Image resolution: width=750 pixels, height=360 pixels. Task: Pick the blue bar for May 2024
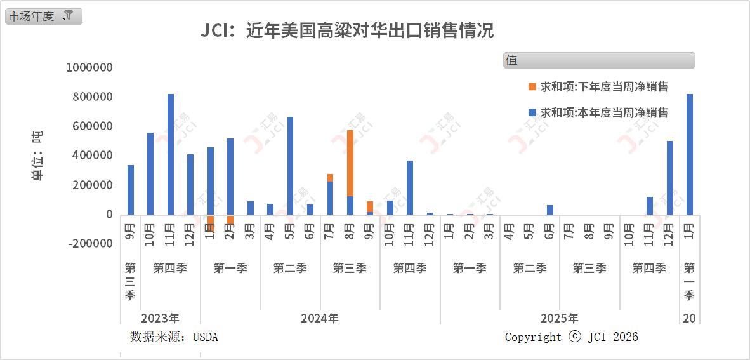point(290,166)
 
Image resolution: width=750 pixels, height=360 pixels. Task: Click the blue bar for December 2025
point(669,178)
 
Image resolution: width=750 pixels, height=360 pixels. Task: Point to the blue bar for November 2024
point(410,188)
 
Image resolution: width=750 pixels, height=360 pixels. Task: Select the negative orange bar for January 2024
point(211,222)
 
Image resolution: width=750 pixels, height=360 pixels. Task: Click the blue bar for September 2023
point(131,190)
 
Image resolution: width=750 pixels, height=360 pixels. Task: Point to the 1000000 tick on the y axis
point(89,68)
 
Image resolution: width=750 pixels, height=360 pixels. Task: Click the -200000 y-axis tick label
point(89,244)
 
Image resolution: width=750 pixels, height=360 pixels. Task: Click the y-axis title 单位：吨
point(37,156)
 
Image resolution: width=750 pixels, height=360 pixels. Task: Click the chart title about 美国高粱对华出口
point(347,30)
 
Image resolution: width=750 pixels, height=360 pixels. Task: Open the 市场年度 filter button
point(43,17)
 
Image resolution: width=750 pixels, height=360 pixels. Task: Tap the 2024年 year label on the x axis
point(320,318)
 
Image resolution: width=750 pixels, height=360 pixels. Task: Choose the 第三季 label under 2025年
point(589,269)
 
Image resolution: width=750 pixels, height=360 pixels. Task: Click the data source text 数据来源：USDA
point(174,337)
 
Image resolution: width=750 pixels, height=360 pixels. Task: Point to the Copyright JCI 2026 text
point(571,337)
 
